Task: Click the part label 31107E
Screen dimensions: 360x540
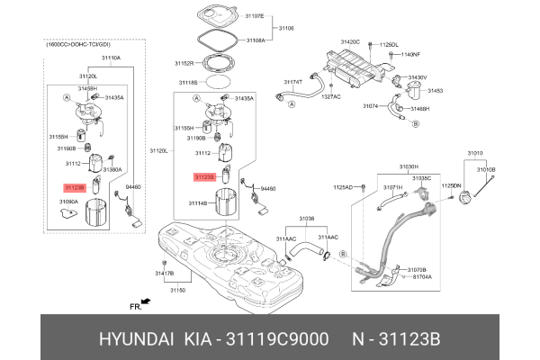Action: click(256, 15)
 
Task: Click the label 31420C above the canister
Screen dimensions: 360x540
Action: click(350, 42)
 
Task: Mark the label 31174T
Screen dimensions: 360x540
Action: click(293, 82)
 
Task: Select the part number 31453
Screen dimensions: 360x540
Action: click(435, 91)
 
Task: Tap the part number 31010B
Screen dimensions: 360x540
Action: click(486, 169)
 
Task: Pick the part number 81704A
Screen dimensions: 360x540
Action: click(421, 277)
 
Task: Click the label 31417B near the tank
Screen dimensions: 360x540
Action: click(163, 272)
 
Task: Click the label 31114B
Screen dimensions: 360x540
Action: click(197, 203)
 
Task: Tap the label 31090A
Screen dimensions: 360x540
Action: click(69, 202)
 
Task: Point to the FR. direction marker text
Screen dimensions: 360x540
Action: click(136, 307)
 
